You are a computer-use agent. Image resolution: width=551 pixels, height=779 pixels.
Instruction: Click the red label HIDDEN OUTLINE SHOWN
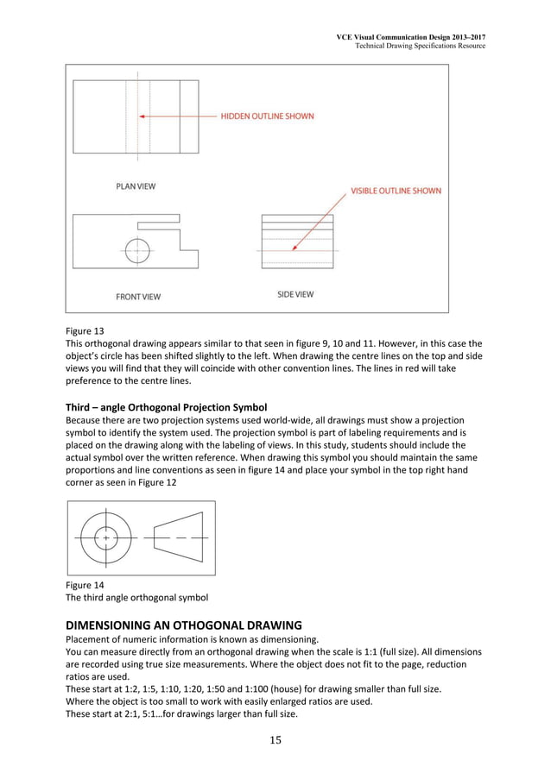pyautogui.click(x=268, y=116)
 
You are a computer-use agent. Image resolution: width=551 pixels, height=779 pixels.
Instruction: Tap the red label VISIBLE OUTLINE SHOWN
pyautogui.click(x=396, y=191)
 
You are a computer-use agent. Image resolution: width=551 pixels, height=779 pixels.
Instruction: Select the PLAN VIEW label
pyautogui.click(x=136, y=185)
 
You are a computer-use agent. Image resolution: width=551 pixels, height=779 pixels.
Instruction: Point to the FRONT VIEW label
pyautogui.click(x=138, y=297)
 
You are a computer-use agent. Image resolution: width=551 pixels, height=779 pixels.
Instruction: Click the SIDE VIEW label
pyautogui.click(x=295, y=294)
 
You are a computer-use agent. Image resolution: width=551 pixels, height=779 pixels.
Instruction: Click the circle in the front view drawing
pyautogui.click(x=137, y=250)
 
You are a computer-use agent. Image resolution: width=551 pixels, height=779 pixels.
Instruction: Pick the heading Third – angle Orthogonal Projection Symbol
pyautogui.click(x=173, y=406)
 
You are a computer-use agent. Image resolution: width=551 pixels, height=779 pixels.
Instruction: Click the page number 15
pyautogui.click(x=275, y=739)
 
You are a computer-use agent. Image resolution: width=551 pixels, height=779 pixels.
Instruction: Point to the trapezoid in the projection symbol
pyautogui.click(x=180, y=537)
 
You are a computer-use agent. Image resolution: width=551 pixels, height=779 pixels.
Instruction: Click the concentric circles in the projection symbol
pyautogui.click(x=105, y=537)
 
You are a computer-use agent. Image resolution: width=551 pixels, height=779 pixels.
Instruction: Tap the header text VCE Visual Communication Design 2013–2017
pyautogui.click(x=410, y=36)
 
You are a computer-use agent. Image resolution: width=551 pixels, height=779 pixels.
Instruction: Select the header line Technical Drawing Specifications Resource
pyautogui.click(x=421, y=46)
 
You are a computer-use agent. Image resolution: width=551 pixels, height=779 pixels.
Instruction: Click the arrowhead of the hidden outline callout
pyautogui.click(x=142, y=116)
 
